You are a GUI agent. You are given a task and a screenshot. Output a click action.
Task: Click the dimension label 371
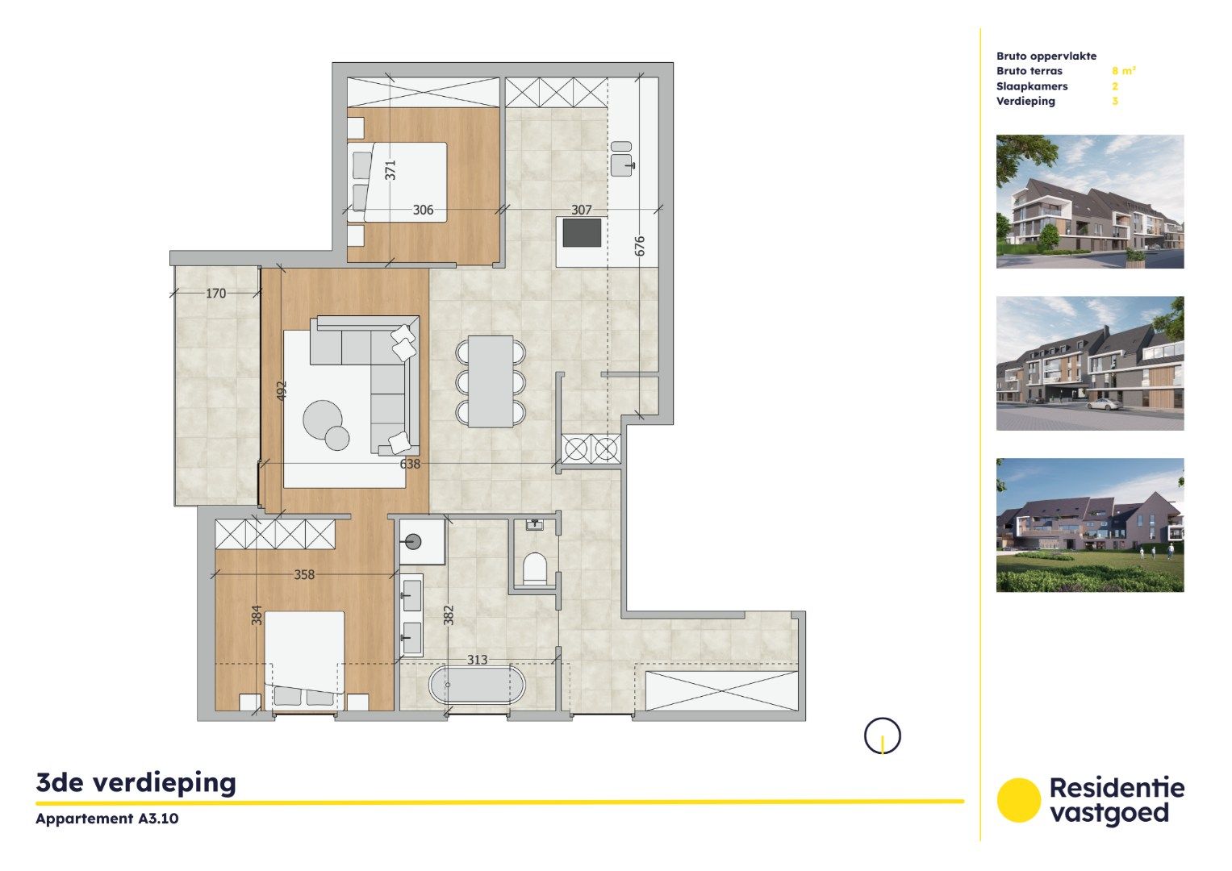point(390,170)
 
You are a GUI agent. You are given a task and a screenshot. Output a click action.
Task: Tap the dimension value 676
point(640,246)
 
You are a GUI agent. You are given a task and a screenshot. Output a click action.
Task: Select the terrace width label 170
point(215,294)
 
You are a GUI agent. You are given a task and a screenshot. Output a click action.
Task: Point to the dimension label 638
point(410,464)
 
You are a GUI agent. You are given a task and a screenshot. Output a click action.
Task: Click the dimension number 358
point(304,575)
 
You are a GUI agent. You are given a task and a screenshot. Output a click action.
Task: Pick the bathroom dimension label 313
point(477,660)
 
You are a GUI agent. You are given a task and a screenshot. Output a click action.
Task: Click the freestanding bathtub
point(476,686)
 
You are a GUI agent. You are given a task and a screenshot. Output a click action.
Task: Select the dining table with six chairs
point(491,381)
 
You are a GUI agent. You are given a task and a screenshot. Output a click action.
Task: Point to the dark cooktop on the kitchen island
point(582,233)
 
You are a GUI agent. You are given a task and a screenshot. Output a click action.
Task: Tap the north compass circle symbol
point(882,736)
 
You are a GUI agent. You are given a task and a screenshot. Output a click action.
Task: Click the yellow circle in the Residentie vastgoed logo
point(1018,800)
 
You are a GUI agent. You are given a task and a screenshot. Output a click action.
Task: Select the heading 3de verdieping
point(136,782)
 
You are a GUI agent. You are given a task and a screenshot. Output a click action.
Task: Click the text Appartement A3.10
point(107,819)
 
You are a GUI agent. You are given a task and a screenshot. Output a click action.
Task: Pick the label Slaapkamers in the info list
point(1032,86)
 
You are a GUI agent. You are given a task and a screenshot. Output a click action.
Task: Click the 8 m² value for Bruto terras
point(1123,71)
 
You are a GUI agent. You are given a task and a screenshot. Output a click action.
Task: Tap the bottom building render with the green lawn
point(1089,525)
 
